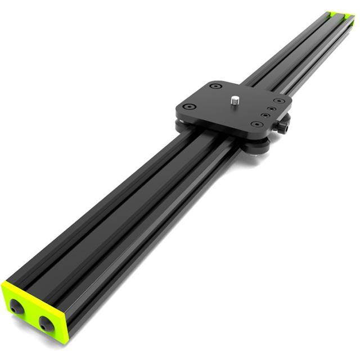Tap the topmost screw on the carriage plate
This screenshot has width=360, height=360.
214,86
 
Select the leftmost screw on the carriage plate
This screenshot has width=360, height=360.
190,106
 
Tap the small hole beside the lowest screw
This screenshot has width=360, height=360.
264,117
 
